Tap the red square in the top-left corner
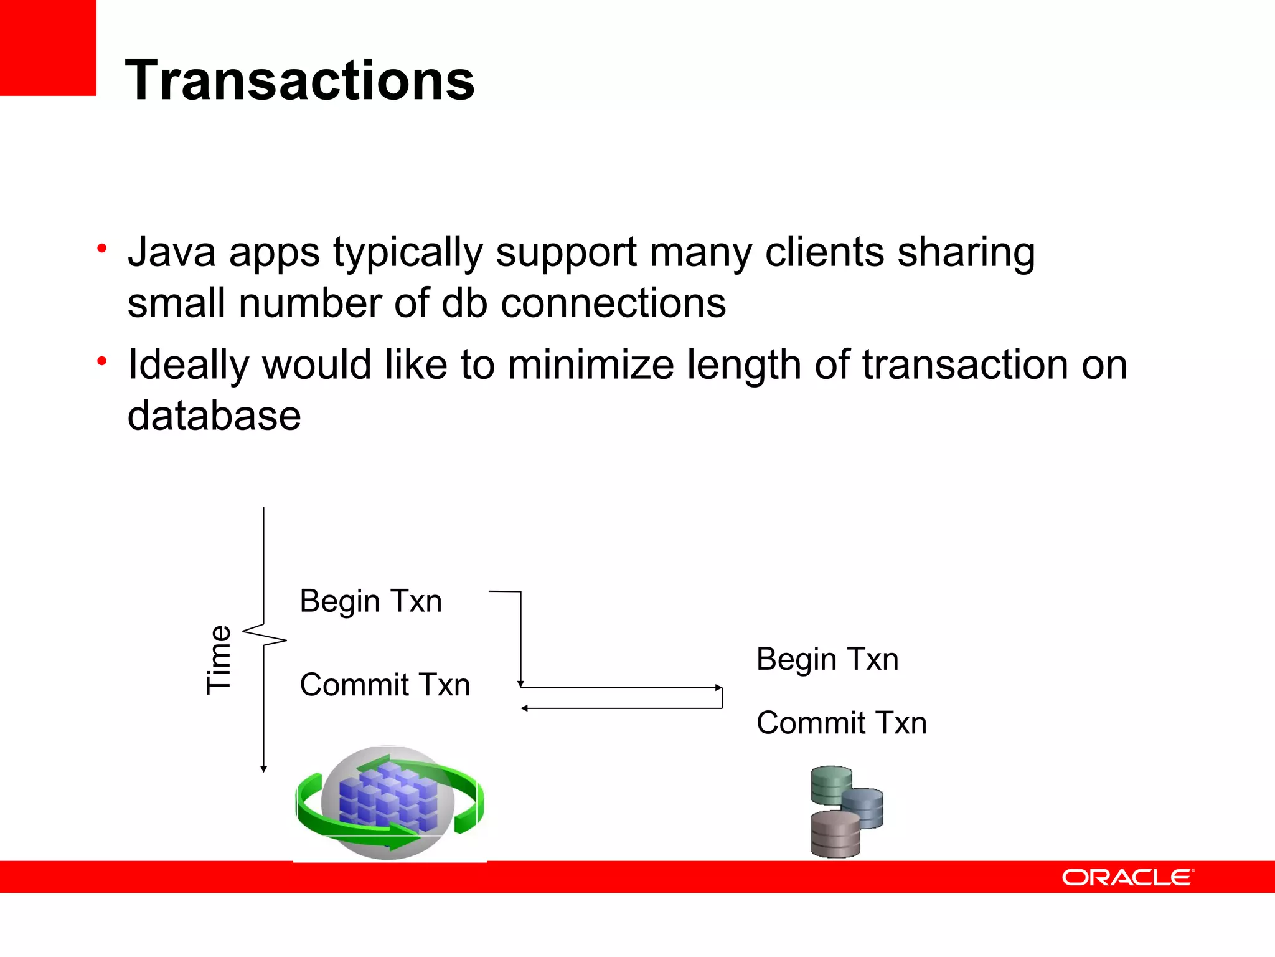pos(47,47)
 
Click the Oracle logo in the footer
pos(1127,877)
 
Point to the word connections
pos(613,303)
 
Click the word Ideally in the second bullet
pos(188,364)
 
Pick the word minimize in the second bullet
pos(590,364)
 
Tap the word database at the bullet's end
pos(214,416)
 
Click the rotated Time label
pos(219,659)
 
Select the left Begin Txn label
pos(370,601)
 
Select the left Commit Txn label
pos(385,685)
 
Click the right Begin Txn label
pos(827,659)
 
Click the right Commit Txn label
pos(841,723)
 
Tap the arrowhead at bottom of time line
pos(264,769)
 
